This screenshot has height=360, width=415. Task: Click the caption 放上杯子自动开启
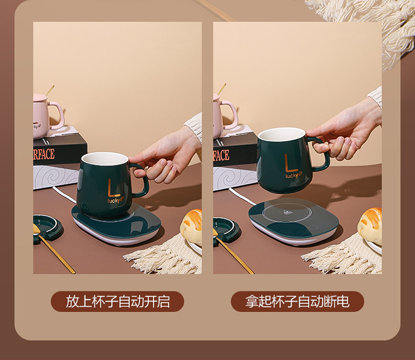[x=117, y=301]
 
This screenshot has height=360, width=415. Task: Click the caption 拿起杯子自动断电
[x=297, y=301]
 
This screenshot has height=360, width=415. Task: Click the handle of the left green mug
[x=140, y=181]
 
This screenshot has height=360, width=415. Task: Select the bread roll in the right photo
[x=370, y=224]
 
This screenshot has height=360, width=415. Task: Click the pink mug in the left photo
[x=46, y=112]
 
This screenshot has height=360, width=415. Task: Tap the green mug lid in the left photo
[x=46, y=227]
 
